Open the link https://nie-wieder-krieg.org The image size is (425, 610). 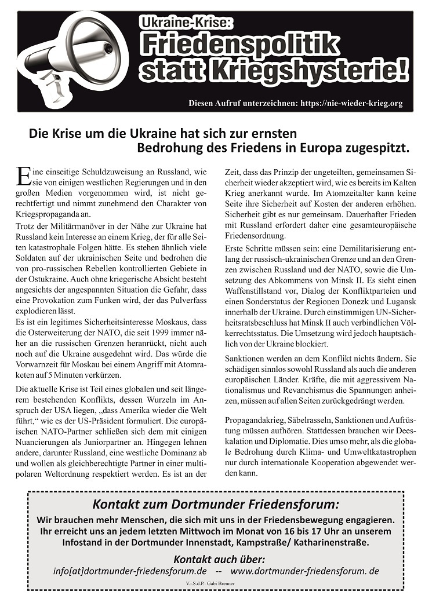coord(351,103)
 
